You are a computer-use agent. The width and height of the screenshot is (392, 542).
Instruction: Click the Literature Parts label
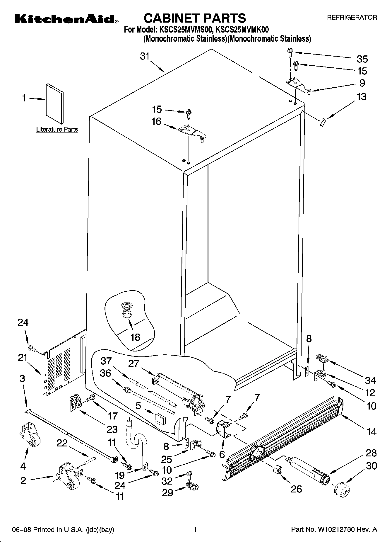pos(57,129)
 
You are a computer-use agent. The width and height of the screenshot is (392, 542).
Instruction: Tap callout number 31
pos(145,56)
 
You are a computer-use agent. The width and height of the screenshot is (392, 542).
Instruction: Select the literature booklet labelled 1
pos(55,103)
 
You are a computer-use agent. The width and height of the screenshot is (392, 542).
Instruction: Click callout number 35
pos(362,59)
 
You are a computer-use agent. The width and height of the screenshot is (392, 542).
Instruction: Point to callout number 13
pos(362,96)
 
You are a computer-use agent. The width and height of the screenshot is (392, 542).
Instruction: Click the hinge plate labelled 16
pos(192,132)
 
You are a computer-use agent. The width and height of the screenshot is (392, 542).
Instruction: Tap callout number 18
pos(135,337)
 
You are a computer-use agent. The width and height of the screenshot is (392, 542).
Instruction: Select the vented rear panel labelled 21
pos(61,366)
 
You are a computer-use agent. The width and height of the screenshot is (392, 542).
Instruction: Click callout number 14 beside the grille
pos(371,431)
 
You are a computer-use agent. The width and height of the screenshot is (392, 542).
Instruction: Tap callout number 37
pos(106,360)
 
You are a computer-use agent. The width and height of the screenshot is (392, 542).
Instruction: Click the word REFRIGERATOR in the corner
pos(352,18)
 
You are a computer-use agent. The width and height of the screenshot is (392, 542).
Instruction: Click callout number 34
pos(370,380)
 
